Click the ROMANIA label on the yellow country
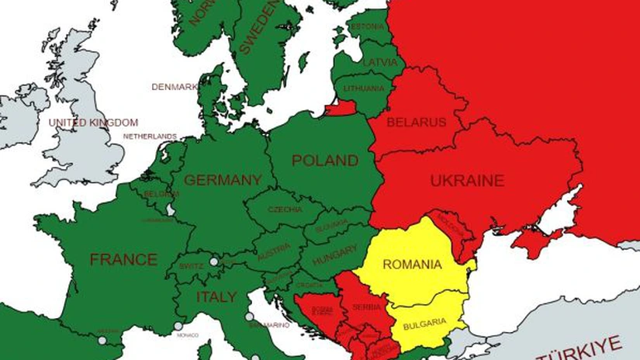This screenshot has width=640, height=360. tap(412, 265)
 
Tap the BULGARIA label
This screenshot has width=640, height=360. tap(424, 321)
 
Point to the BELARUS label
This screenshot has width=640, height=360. tap(417, 123)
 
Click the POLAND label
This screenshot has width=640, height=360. tap(325, 161)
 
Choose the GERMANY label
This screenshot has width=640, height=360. tap(223, 180)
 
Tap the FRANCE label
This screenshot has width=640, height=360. tap(123, 259)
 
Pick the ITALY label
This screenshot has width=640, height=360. tap(216, 297)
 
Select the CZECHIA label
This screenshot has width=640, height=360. tap(285, 209)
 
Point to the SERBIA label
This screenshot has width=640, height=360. tap(366, 307)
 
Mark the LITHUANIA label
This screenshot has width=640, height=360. tap(363, 88)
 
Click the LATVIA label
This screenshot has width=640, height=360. tap(379, 62)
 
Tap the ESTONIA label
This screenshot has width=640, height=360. tap(368, 27)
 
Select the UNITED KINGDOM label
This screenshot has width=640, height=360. tap(93, 123)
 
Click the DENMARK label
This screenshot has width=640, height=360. tap(175, 87)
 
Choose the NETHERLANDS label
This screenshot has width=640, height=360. tap(150, 137)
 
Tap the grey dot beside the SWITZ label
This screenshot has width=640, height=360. tap(214, 262)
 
